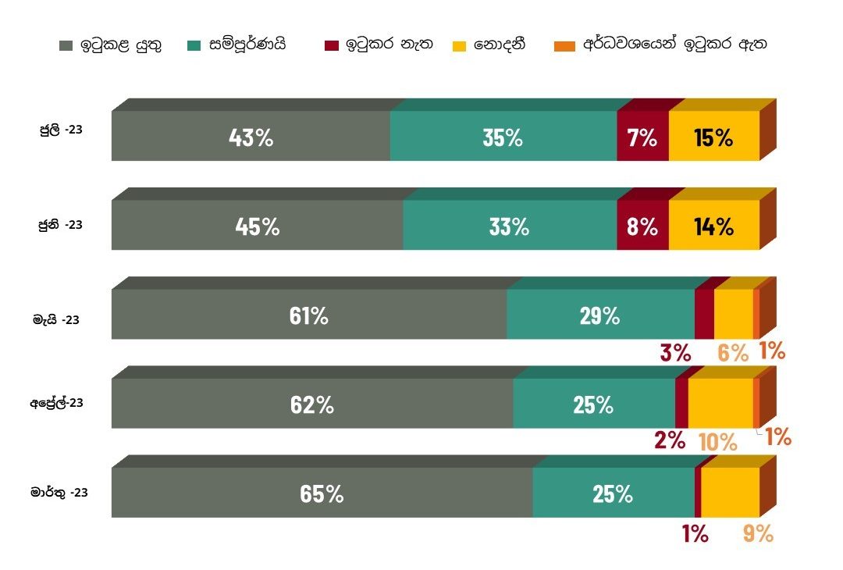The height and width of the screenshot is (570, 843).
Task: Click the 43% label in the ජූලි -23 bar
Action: [x=251, y=138]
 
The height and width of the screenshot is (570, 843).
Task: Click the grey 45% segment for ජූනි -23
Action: [x=257, y=226]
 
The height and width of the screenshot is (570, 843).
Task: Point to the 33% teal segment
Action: [x=509, y=226]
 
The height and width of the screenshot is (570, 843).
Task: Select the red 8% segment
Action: [x=642, y=226]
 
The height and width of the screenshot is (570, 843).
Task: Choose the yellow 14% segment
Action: [x=713, y=226]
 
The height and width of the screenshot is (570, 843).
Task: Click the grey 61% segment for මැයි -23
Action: [x=308, y=315]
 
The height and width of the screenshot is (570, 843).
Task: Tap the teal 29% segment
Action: [x=599, y=315]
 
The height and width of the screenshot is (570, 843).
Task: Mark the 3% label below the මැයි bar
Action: [x=675, y=352]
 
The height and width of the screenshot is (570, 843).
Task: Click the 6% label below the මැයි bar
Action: [x=733, y=352]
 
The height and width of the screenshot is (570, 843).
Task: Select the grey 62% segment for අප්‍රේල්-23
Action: [x=311, y=404]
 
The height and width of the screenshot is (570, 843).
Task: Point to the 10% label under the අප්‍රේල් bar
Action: [x=717, y=442]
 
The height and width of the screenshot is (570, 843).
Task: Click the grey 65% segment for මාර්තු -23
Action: [x=322, y=493]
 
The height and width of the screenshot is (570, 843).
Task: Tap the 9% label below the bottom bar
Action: [x=757, y=534]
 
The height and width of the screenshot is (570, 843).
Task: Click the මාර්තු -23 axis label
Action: [x=59, y=493]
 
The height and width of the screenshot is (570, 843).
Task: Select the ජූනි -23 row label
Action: [x=61, y=224]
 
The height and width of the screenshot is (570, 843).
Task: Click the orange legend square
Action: [x=567, y=45]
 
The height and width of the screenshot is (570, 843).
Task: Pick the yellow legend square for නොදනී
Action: [x=459, y=45]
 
